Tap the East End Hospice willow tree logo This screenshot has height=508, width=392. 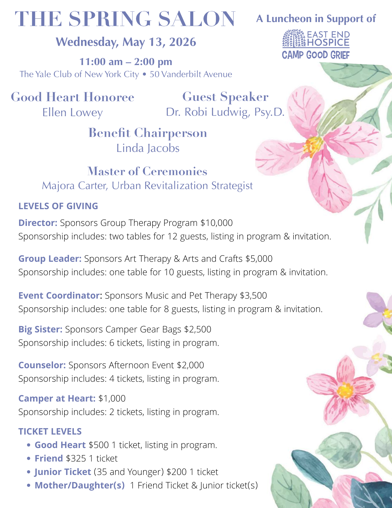[294, 39]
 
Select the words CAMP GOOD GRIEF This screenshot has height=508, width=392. [316, 55]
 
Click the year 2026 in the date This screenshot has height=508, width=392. [183, 42]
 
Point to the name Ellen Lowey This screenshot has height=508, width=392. [73, 113]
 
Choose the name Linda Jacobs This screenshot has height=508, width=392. [148, 148]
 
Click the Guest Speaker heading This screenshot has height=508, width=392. [225, 97]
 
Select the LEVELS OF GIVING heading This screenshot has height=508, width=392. [58, 206]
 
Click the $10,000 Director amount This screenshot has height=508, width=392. [216, 223]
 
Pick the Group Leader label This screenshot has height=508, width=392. [50, 259]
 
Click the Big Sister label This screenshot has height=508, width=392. [40, 329]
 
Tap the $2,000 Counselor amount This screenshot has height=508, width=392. [190, 365]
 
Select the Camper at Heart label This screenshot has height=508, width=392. [57, 398]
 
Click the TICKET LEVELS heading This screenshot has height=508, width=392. [50, 432]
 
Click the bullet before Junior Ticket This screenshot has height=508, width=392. [29, 472]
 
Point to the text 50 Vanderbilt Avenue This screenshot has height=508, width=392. [191, 74]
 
